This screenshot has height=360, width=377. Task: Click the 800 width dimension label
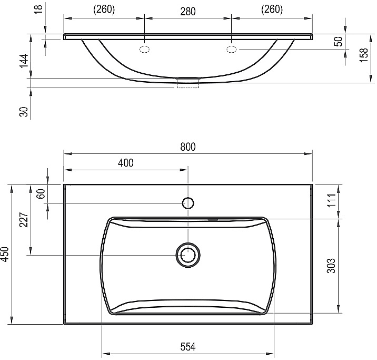187,148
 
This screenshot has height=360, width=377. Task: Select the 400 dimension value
126,163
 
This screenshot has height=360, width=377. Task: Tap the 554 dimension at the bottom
188,347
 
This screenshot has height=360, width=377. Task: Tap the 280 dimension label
187,9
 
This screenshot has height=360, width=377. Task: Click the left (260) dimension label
104,9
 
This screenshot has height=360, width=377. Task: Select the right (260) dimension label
271,9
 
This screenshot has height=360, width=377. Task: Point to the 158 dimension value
364,54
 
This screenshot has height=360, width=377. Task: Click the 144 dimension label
23,62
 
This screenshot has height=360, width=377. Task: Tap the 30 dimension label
23,111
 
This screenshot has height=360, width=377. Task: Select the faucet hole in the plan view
188,203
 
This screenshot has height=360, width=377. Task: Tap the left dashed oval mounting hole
144,50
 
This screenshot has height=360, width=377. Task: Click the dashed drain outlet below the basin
187,83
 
